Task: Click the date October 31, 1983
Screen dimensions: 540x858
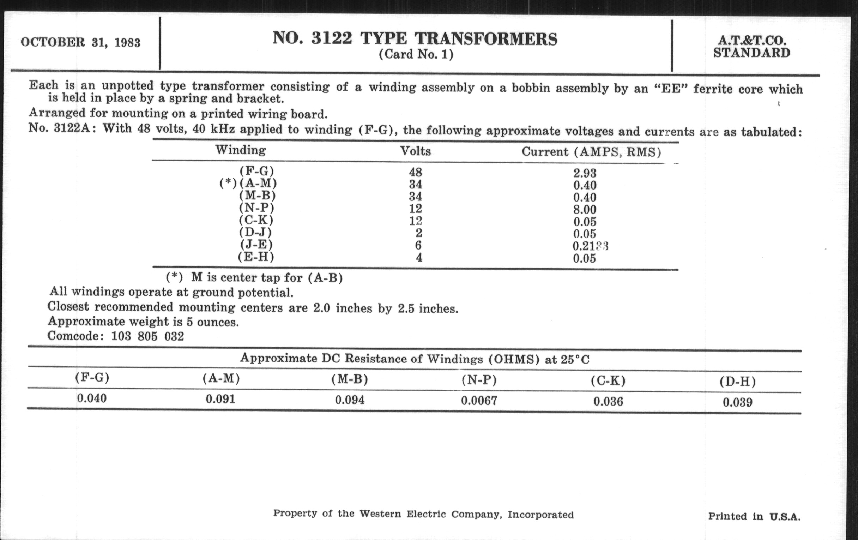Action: (x=80, y=42)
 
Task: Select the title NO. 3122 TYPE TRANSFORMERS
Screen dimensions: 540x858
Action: (x=415, y=39)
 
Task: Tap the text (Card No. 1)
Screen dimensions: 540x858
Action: (x=416, y=55)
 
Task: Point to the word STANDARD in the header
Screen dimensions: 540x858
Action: (x=751, y=53)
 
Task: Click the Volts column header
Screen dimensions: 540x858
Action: (x=416, y=151)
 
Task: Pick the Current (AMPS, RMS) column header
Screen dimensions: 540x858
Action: (x=591, y=152)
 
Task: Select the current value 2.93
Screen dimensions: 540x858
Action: (x=585, y=173)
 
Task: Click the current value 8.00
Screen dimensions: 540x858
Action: (x=585, y=210)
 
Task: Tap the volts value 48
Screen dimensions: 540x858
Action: (x=416, y=173)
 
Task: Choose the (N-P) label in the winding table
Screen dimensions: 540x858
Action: (x=256, y=208)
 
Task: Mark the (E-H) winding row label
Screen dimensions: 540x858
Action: (x=256, y=257)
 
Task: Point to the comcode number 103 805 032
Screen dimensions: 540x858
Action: (x=147, y=336)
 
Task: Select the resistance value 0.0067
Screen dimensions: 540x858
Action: (x=479, y=401)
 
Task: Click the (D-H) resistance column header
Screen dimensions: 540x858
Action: (x=738, y=382)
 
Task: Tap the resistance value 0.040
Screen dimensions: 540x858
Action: (x=92, y=398)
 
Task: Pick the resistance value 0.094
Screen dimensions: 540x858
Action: (x=350, y=400)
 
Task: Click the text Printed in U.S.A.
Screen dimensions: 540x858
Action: (x=754, y=516)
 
